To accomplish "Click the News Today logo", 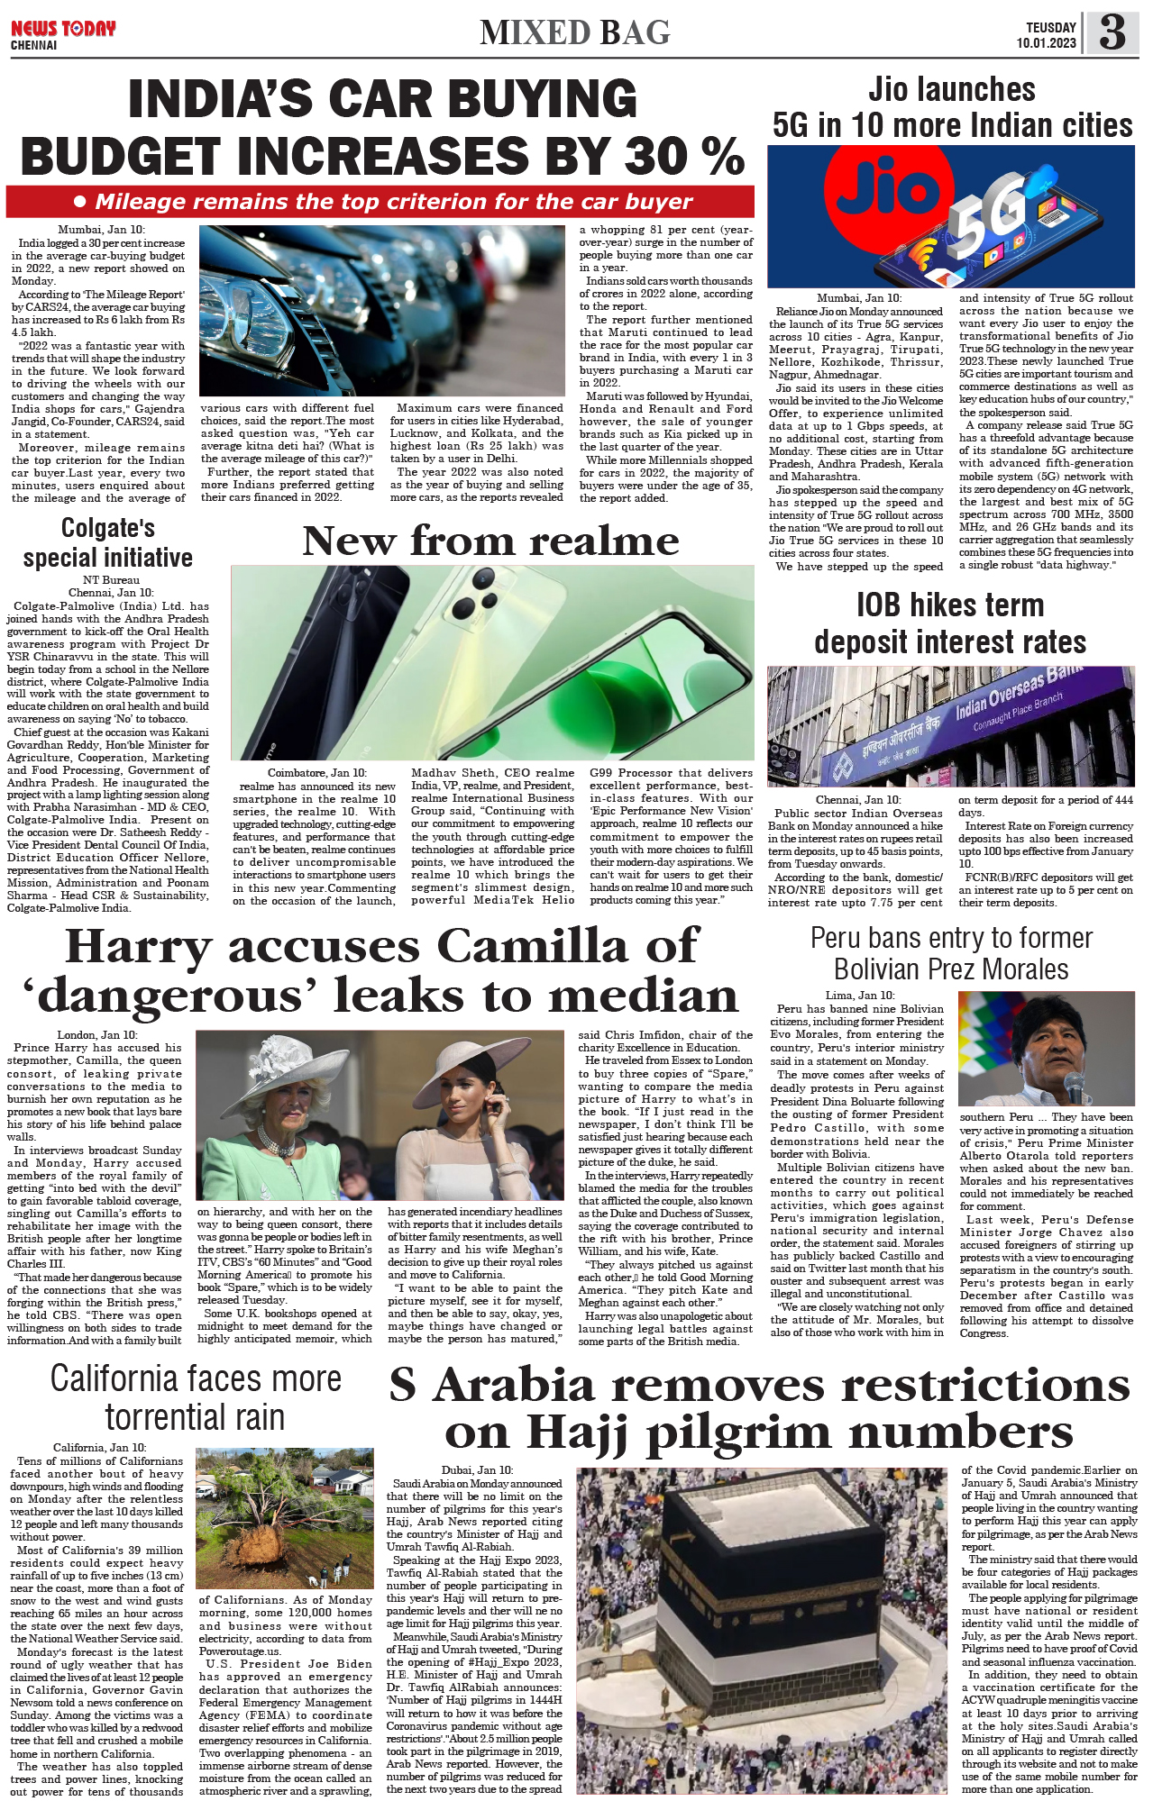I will (x=63, y=30).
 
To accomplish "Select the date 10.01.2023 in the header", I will (x=1046, y=43).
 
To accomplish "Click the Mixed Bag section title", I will (x=575, y=33).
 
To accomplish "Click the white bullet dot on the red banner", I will (x=80, y=202).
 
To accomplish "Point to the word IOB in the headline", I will (x=887, y=605).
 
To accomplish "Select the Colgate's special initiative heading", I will (x=108, y=542).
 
